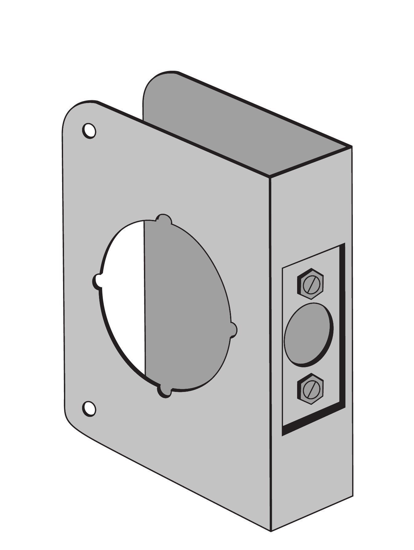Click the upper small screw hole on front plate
(89, 131)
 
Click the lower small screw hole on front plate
(89, 409)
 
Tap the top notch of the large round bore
(163, 219)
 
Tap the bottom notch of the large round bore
(165, 392)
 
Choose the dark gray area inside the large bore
(185, 308)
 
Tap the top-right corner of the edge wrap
(351, 147)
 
